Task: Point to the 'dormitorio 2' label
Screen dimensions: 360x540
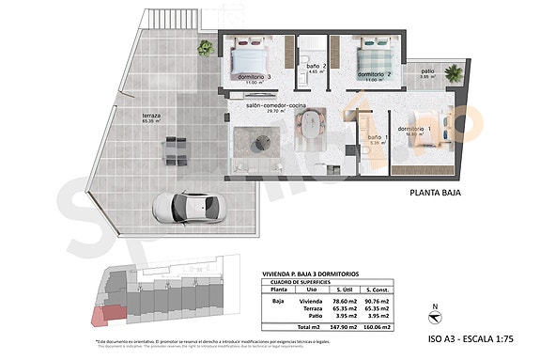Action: [374, 73]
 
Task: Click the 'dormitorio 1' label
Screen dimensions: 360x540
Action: [414, 129]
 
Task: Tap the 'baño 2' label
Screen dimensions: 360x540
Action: [316, 66]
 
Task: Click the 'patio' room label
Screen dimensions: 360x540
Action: [427, 71]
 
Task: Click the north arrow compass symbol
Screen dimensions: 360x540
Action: [432, 312]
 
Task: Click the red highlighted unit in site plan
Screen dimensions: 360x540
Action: [110, 314]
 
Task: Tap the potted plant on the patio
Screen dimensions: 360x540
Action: [455, 71]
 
